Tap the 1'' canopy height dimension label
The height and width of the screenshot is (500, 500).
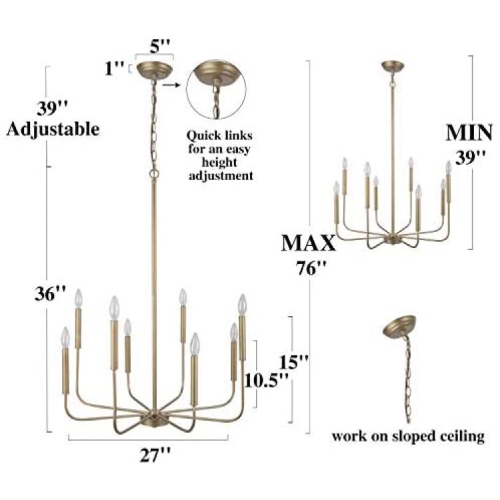tap(115, 68)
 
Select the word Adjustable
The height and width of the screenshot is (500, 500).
tap(53, 129)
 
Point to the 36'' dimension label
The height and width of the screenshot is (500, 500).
tap(51, 294)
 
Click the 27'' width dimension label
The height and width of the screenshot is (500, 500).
tap(155, 455)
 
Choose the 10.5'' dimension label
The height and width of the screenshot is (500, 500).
tap(267, 381)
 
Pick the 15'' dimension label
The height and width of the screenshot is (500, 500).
tap(294, 362)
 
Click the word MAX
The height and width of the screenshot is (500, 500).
tap(309, 243)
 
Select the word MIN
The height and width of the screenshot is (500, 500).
tap(469, 133)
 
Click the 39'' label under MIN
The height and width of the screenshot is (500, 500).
tap(471, 158)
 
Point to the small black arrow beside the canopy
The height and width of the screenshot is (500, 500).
tap(171, 85)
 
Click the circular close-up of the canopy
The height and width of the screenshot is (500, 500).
tap(216, 89)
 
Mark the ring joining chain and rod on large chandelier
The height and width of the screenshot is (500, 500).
tap(154, 174)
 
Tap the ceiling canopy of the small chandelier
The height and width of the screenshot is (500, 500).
tap(393, 66)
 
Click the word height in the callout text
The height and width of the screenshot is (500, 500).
tap(219, 163)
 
